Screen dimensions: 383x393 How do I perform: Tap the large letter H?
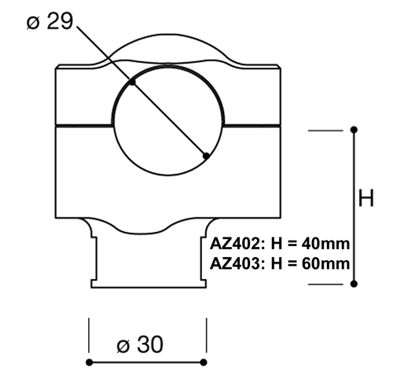366,199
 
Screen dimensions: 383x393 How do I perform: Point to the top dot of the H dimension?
354,129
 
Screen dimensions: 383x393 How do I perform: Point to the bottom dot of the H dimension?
354,284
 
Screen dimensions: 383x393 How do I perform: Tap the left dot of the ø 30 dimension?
90,362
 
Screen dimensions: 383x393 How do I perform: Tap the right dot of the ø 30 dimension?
204,362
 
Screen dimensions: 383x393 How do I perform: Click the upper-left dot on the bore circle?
133,82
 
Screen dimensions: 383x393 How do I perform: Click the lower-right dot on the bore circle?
206,156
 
